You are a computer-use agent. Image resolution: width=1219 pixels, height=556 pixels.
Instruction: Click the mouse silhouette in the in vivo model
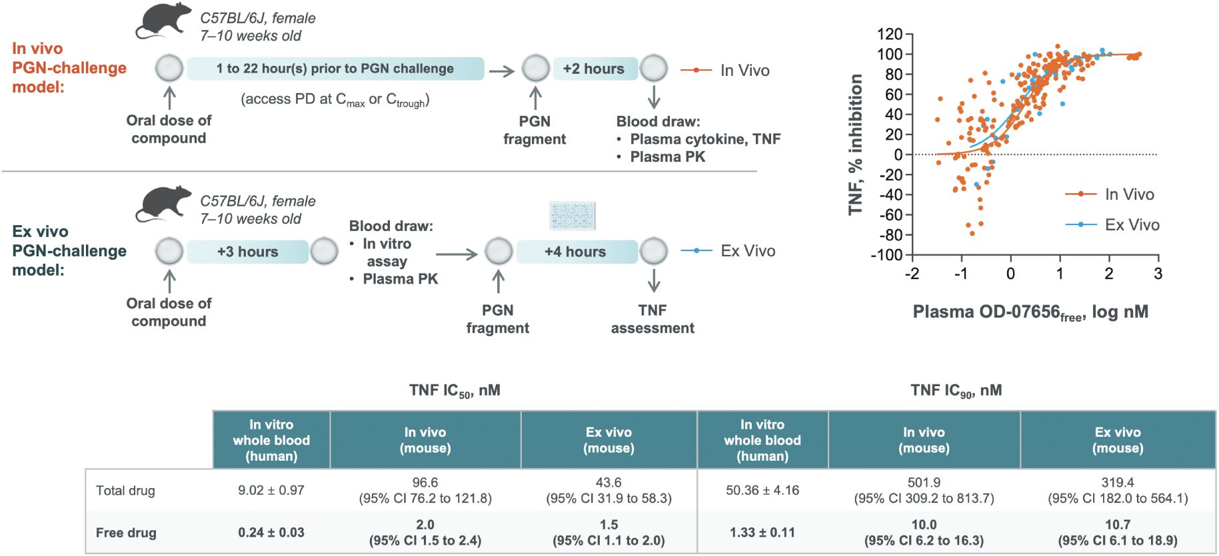pos(163,22)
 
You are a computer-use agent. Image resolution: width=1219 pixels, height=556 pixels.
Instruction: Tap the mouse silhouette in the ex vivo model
pos(163,204)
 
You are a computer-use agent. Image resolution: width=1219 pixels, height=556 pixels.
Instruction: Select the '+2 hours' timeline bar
pos(594,69)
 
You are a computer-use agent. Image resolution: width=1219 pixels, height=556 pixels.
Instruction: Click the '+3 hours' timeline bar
pos(248,252)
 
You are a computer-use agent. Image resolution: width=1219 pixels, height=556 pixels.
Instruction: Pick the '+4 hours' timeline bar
pos(575,252)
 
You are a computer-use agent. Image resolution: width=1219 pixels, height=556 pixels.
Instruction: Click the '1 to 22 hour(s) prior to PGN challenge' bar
pos(335,69)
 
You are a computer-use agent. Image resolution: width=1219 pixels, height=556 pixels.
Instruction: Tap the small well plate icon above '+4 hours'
pos(573,216)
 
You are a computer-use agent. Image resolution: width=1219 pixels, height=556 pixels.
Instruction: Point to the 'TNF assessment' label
pos(652,319)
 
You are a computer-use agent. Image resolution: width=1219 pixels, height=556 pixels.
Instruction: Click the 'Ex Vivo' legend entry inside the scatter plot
pos(1112,225)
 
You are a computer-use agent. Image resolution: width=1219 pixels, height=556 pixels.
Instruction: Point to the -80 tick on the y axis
pos(890,235)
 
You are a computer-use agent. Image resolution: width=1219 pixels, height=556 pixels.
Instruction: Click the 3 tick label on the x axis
pos(1158,274)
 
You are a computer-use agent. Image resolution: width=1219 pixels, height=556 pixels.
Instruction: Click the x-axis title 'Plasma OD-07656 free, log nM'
pos(1030,312)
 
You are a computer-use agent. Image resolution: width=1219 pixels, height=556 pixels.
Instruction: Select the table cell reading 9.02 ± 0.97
pos(271,490)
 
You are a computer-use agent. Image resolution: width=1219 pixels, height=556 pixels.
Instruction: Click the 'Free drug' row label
pos(126,533)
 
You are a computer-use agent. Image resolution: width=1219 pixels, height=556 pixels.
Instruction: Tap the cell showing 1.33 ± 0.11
pos(762,533)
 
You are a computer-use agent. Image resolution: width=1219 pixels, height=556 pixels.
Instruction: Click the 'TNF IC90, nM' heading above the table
pos(956,391)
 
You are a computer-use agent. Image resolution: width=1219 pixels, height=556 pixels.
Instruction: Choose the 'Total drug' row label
pos(125,491)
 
